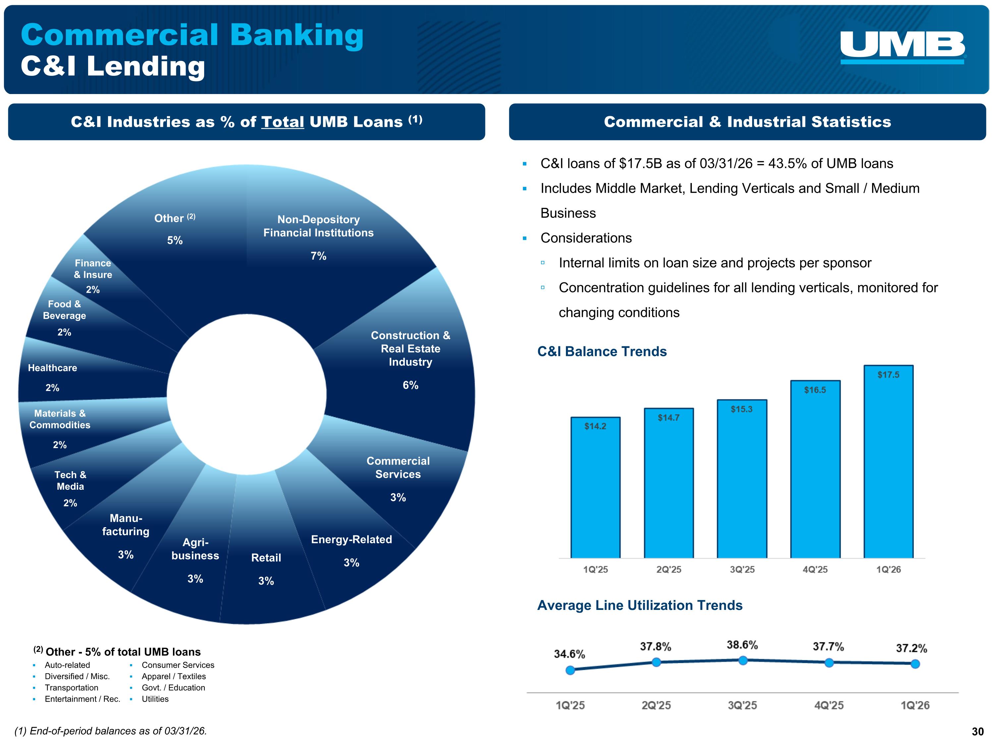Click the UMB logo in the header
[x=902, y=47]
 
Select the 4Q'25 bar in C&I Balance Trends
[x=815, y=469]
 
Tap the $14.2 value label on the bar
[x=595, y=426]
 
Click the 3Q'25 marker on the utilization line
[x=743, y=660]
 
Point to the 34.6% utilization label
[x=569, y=654]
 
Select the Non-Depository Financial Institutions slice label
[x=318, y=226]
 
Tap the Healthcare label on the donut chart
[x=53, y=368]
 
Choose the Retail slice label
[x=266, y=558]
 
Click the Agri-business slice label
[x=195, y=549]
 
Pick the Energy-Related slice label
[x=352, y=539]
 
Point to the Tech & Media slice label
[x=70, y=480]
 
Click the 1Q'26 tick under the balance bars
[x=888, y=570]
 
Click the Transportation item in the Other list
[x=72, y=687]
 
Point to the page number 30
[x=977, y=731]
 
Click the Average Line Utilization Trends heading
[x=639, y=605]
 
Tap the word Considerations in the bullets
[x=586, y=238]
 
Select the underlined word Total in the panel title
[x=283, y=122]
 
